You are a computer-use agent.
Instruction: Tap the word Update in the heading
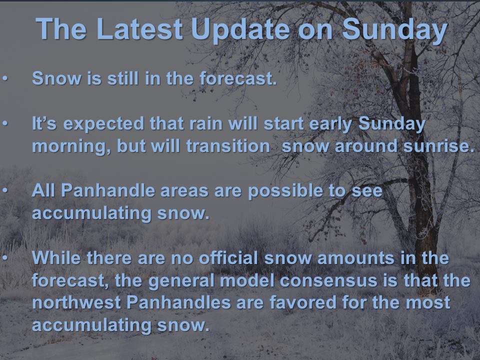(x=240, y=30)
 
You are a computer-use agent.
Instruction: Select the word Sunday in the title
(x=395, y=30)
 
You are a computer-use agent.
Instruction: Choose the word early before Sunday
(x=330, y=125)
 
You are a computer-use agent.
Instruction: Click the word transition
(x=228, y=146)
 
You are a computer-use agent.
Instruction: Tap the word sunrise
(x=438, y=146)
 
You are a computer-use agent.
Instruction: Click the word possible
(x=285, y=191)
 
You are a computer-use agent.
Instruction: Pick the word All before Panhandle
(x=43, y=190)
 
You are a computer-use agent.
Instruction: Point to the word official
(x=228, y=257)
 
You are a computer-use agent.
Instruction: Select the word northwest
(x=76, y=302)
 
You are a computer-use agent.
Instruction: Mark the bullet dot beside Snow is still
(x=5, y=78)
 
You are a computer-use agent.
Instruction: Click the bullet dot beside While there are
(x=5, y=258)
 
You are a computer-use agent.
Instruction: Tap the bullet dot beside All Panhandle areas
(x=5, y=190)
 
